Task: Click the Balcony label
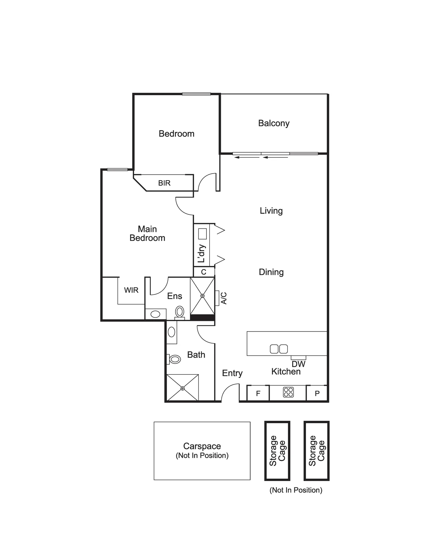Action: tap(274, 123)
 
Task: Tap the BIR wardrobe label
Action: tap(164, 183)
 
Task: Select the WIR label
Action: tap(131, 290)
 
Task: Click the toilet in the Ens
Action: tap(180, 312)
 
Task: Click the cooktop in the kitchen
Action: tap(288, 392)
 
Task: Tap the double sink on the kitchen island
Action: tap(279, 349)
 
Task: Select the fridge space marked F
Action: tap(258, 393)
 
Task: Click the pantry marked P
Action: tap(317, 393)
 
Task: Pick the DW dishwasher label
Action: tap(299, 364)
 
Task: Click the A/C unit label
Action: tap(224, 298)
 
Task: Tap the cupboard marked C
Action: tap(204, 272)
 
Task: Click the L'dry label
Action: tap(202, 254)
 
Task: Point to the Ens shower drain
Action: tap(202, 296)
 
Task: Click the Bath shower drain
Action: tap(182, 388)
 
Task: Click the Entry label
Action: tap(232, 373)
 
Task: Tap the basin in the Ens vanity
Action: tap(155, 314)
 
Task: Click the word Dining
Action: tap(271, 272)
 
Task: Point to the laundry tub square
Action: tap(202, 233)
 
